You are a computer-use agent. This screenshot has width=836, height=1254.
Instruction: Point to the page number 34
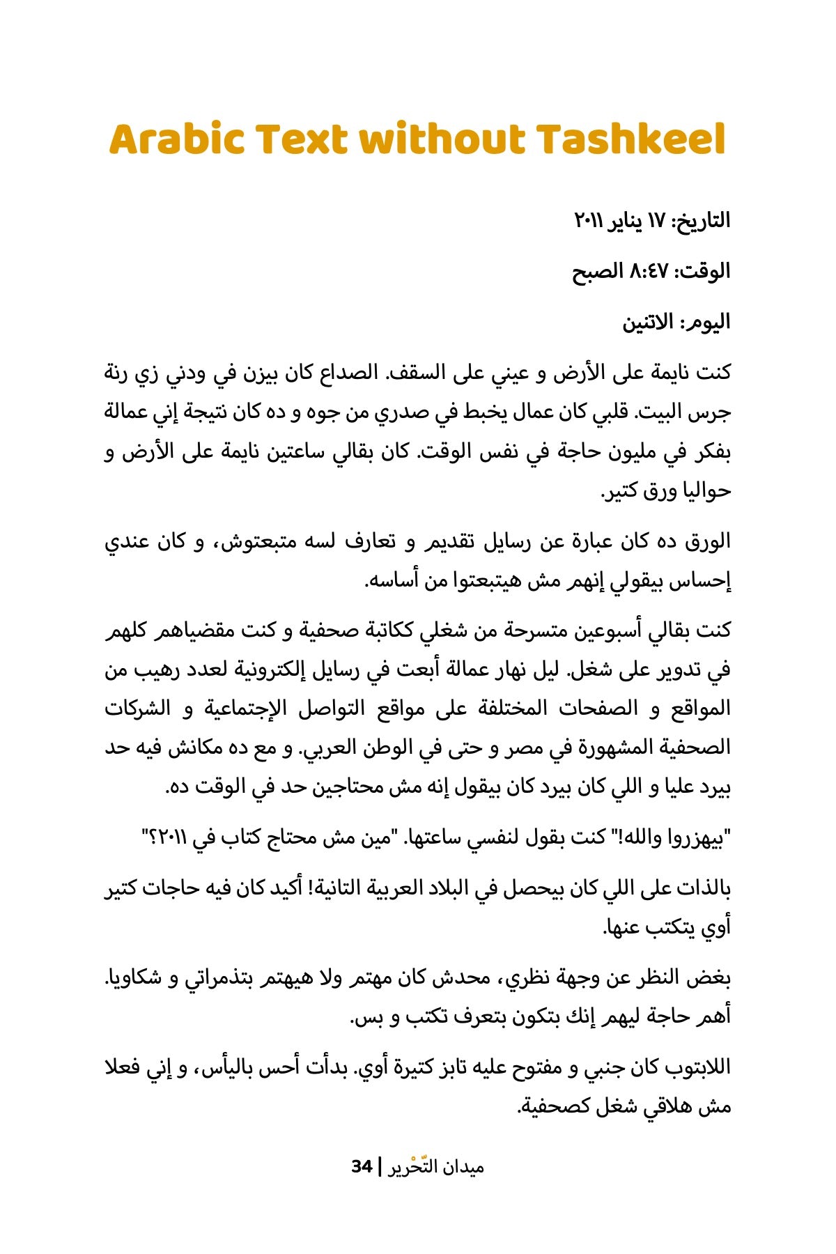pos(362,1166)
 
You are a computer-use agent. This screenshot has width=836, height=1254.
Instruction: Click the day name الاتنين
pos(647,322)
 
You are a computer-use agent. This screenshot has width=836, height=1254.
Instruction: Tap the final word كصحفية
pos(554,1106)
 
